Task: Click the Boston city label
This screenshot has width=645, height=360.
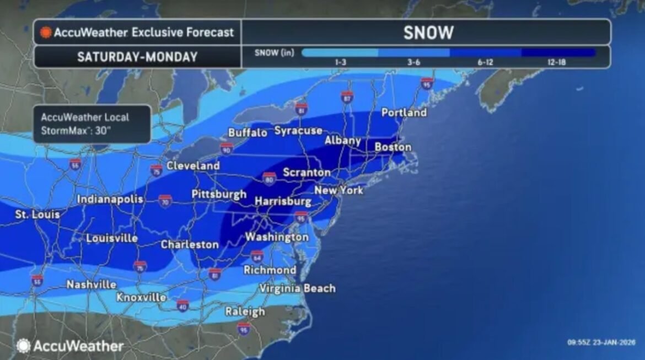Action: click(x=393, y=147)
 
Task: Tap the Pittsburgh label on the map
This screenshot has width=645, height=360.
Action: click(x=219, y=194)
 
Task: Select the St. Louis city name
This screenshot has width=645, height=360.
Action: click(x=37, y=214)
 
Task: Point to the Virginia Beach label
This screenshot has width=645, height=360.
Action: click(x=297, y=288)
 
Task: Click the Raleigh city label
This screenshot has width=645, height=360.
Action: click(x=245, y=311)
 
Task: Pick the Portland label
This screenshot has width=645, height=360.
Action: click(x=404, y=112)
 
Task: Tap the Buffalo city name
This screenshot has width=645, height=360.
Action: click(x=248, y=133)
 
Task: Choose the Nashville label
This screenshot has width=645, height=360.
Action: click(x=91, y=284)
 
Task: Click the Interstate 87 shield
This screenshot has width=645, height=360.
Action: click(x=347, y=98)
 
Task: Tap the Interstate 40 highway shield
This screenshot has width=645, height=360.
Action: click(x=183, y=305)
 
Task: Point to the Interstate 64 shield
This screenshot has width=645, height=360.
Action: click(x=257, y=256)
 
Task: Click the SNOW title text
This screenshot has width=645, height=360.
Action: click(x=428, y=33)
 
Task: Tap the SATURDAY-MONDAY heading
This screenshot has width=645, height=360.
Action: click(x=137, y=57)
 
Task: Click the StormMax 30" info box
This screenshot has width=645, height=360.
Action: click(x=92, y=124)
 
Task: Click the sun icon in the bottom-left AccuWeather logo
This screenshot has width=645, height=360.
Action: click(x=23, y=346)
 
